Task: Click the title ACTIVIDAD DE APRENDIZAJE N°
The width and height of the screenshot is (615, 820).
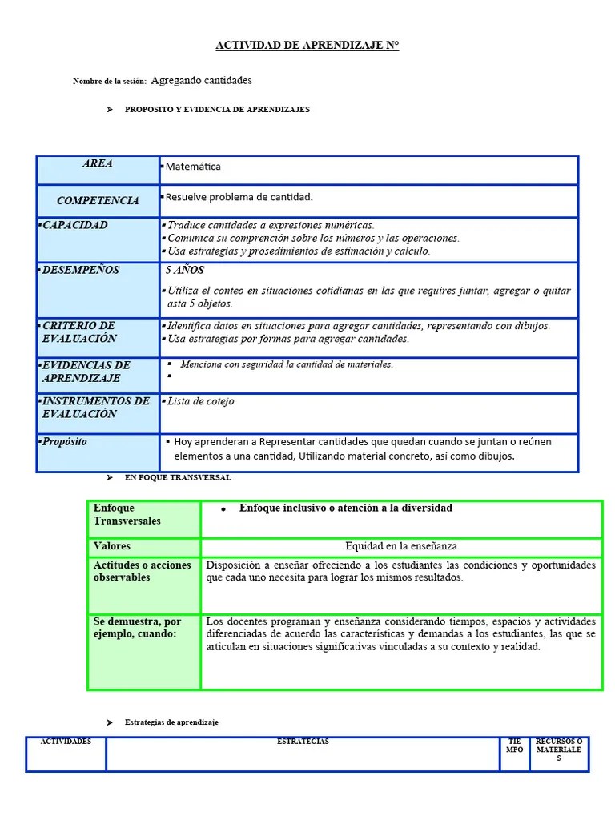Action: pos(307,46)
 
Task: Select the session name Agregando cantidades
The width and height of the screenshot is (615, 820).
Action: pos(201,81)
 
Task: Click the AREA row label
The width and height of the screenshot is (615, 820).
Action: pos(97,164)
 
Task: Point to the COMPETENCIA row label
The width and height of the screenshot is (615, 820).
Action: pos(97,201)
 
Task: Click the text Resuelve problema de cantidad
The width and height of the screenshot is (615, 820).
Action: pos(239,197)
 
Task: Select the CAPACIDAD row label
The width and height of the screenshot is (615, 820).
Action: pos(74,225)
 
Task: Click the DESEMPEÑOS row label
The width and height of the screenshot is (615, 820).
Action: pos(80,270)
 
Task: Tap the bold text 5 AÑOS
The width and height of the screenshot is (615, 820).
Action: pos(185,271)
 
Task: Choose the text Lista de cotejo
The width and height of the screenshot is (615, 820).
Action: pos(199,401)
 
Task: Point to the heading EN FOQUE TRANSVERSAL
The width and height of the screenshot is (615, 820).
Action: pos(178,477)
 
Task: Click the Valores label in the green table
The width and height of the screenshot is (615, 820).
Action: pos(111,546)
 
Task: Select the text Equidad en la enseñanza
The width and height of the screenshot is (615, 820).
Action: pos(400,546)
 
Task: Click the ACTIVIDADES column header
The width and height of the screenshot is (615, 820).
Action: pos(66,742)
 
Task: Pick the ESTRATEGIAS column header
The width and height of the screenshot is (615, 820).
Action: pos(303,742)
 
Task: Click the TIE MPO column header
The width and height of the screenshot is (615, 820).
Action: pos(514,746)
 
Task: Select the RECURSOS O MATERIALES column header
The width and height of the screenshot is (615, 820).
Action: pos(558,750)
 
